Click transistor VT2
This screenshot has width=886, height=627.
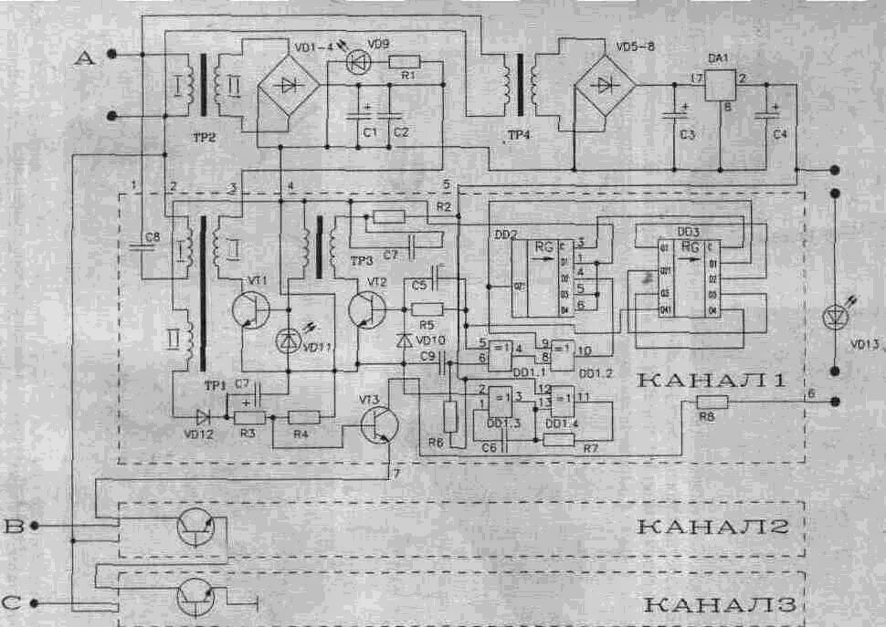[367, 310]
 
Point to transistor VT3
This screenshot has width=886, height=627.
[377, 425]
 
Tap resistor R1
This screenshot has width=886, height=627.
[404, 62]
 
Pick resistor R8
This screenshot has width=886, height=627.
[712, 402]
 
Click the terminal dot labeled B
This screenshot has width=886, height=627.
[35, 526]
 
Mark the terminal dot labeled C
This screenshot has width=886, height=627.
[35, 601]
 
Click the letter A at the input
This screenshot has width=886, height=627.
[84, 58]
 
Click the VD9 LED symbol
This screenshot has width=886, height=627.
[359, 62]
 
